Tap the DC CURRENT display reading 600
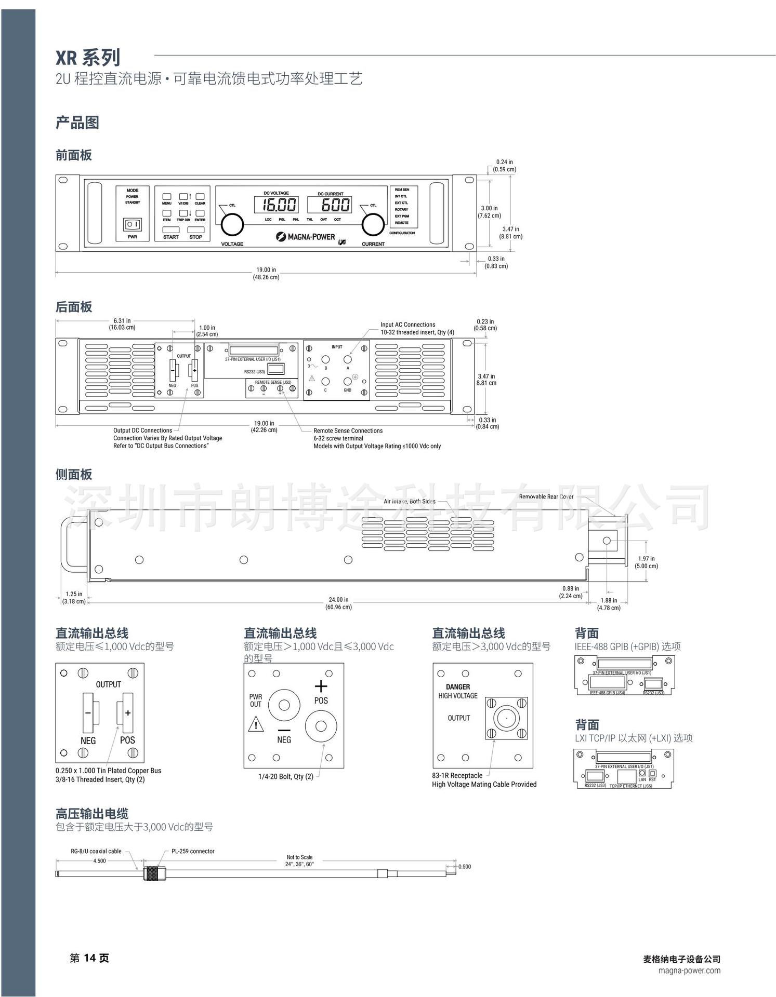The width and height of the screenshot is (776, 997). coord(330,205)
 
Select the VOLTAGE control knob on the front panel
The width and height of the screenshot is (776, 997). coord(232,225)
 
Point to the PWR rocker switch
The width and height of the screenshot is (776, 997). coord(132,224)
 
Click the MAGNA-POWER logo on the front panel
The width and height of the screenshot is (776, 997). coord(306,237)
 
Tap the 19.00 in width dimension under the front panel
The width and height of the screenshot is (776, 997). coord(266,273)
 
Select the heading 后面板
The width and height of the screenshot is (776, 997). coord(74,307)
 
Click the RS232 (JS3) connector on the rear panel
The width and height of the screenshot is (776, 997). coord(276,369)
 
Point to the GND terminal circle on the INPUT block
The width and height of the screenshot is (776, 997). coord(347,382)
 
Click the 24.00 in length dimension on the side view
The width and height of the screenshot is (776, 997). coord(338,603)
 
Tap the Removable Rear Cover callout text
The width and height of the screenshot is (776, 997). coord(546,497)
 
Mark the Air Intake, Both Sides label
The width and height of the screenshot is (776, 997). coord(410,502)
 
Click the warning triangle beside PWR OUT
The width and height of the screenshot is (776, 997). coord(256,724)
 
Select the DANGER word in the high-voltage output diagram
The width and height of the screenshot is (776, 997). coord(457,687)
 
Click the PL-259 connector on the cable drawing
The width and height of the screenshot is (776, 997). coord(151,874)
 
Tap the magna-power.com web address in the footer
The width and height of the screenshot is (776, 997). coord(689,971)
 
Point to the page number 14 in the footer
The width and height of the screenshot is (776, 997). coord(90,958)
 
